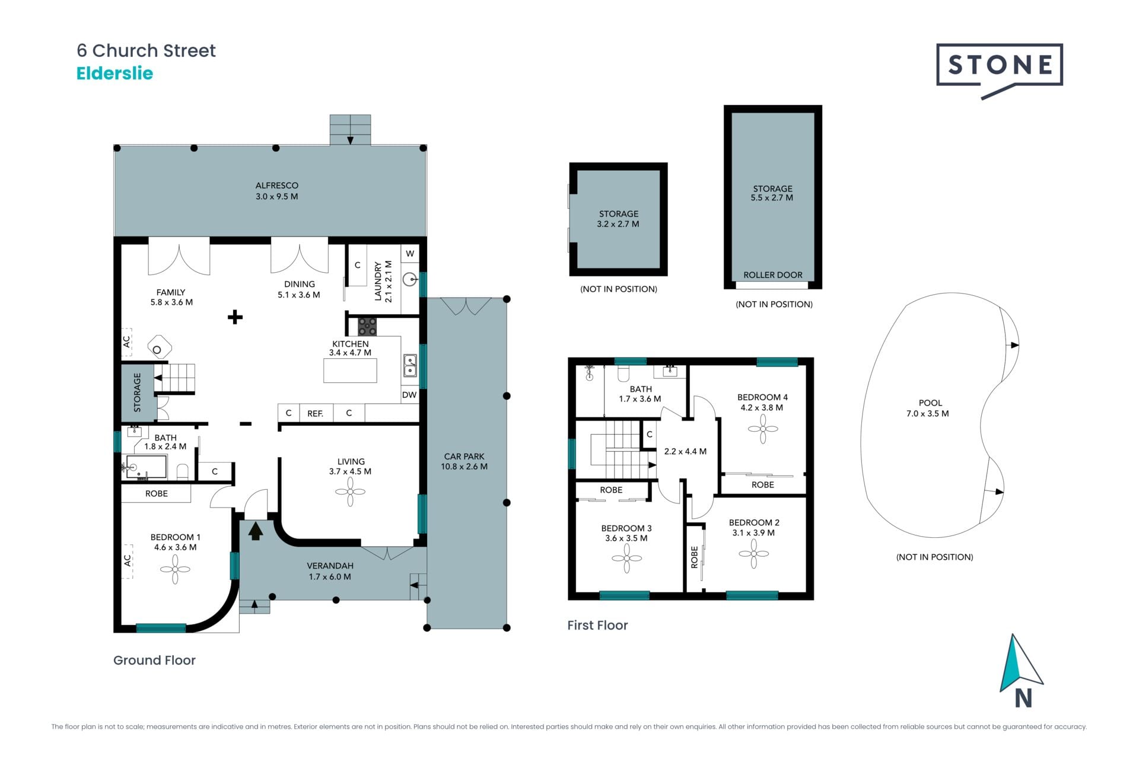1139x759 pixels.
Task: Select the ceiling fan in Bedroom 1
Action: click(175, 569)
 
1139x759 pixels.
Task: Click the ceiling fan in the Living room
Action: click(350, 492)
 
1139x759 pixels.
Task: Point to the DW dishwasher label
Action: click(409, 395)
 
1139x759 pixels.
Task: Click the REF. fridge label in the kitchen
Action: click(315, 413)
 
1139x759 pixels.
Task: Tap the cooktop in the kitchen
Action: click(367, 327)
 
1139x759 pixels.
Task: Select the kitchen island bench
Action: click(350, 371)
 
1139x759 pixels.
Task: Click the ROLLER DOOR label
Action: click(772, 275)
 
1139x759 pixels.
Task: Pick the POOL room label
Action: click(930, 403)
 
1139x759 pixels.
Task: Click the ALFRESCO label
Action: click(277, 186)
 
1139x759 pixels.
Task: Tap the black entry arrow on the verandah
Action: click(256, 531)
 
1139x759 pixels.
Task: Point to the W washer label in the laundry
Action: click(410, 254)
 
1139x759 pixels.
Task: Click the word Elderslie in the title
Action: click(114, 74)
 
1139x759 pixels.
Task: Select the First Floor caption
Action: click(597, 626)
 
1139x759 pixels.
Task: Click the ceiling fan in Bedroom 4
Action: click(763, 429)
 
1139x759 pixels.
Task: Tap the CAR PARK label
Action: click(464, 457)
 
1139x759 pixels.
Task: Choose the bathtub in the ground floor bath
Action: click(145, 467)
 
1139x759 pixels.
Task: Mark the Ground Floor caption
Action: click(154, 661)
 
